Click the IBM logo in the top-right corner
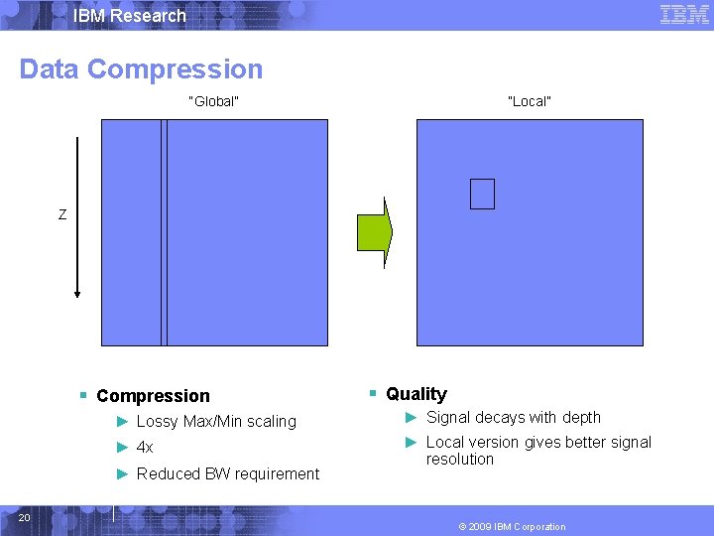click(x=684, y=15)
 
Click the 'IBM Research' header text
click(x=129, y=16)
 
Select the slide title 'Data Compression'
click(x=141, y=69)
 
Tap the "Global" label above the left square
click(x=213, y=101)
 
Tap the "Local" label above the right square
click(x=529, y=101)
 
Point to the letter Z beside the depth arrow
click(x=62, y=214)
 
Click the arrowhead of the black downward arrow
click(x=76, y=291)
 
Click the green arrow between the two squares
click(x=375, y=231)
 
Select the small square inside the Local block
click(x=482, y=194)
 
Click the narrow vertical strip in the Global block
click(x=165, y=232)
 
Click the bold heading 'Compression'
click(x=153, y=396)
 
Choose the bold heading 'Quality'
click(x=416, y=394)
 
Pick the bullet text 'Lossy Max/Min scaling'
click(x=216, y=422)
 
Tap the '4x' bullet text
click(x=145, y=448)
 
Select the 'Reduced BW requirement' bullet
click(x=228, y=474)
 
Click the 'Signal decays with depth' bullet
click(x=513, y=418)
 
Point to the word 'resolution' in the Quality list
click(x=459, y=460)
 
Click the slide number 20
click(x=25, y=517)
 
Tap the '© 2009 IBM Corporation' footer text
click(x=512, y=527)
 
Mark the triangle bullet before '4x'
click(x=123, y=448)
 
